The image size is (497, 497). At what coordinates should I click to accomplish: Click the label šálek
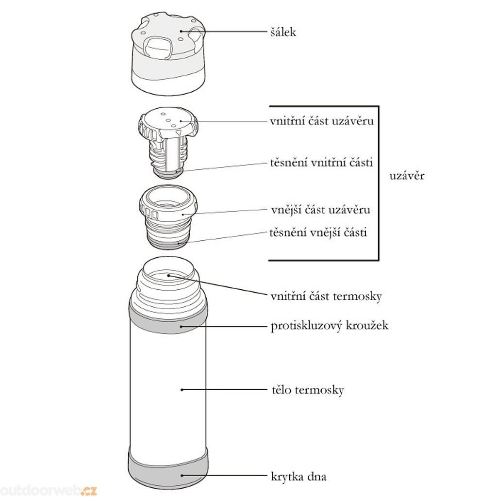pyautogui.click(x=283, y=32)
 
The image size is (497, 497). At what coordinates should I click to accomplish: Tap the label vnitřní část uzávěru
pyautogui.click(x=322, y=121)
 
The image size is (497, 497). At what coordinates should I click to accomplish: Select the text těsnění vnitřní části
pyautogui.click(x=321, y=163)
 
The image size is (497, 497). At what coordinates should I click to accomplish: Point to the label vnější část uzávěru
pyautogui.click(x=320, y=210)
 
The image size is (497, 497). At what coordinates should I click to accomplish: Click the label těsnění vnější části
pyautogui.click(x=318, y=232)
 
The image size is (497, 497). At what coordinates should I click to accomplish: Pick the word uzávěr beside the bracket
pyautogui.click(x=407, y=176)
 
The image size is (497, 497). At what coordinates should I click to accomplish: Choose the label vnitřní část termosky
pyautogui.click(x=326, y=297)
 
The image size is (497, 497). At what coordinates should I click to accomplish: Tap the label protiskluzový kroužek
pyautogui.click(x=330, y=326)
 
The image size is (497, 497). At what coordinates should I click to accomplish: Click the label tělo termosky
pyautogui.click(x=308, y=390)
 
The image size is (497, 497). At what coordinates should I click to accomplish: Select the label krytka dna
pyautogui.click(x=298, y=477)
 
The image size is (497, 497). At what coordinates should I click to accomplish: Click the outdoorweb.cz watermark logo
pyautogui.click(x=48, y=490)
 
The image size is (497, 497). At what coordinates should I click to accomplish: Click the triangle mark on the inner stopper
pyautogui.click(x=179, y=132)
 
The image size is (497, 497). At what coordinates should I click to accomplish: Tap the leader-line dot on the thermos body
pyautogui.click(x=182, y=390)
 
